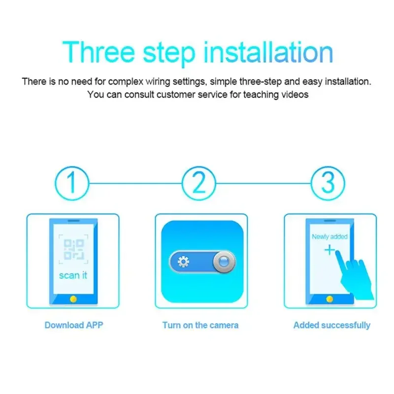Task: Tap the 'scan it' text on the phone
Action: point(73,275)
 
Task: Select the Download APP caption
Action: point(74,325)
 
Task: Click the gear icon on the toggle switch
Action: point(184,262)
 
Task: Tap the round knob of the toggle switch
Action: point(224,262)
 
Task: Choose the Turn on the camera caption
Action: point(200,325)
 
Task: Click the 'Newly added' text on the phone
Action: point(329,237)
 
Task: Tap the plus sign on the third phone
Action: point(329,251)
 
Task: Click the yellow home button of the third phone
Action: point(329,299)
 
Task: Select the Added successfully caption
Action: point(331,325)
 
